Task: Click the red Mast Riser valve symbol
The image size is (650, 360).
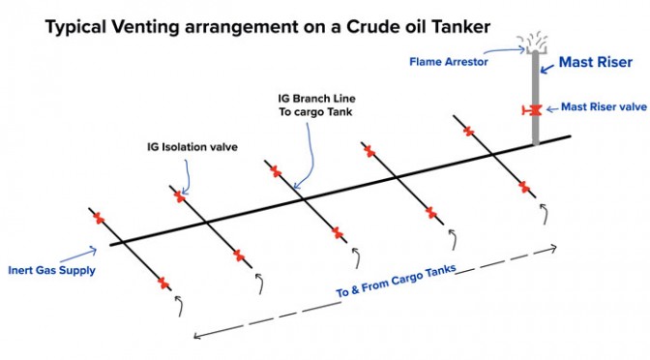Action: click(533, 110)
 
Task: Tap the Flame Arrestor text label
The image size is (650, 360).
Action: click(449, 62)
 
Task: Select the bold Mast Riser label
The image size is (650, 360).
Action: click(596, 62)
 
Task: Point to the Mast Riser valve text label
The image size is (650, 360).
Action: click(604, 107)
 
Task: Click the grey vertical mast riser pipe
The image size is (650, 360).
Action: click(536, 99)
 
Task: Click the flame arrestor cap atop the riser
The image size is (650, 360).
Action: click(536, 49)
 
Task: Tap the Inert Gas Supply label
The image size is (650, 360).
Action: click(52, 270)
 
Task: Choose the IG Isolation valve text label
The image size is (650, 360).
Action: click(192, 147)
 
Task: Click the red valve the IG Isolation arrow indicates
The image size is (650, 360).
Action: click(180, 196)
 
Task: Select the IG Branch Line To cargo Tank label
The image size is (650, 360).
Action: click(316, 105)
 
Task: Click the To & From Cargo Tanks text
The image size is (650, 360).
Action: click(396, 281)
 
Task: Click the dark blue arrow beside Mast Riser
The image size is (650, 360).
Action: click(547, 69)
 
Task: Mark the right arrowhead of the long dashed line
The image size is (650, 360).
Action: click(553, 249)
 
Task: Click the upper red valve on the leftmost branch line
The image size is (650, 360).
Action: click(99, 218)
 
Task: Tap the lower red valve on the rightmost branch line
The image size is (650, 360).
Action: click(524, 187)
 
